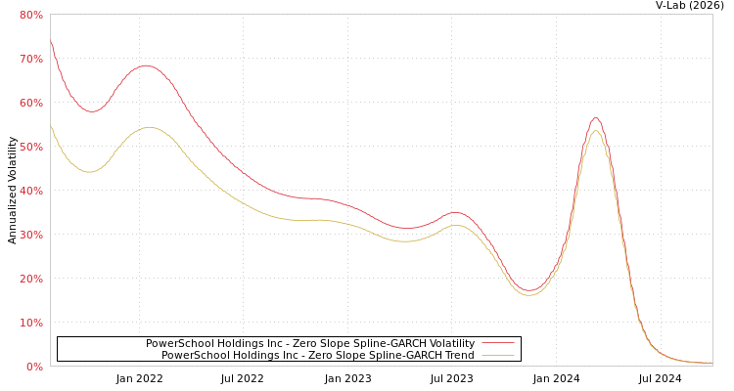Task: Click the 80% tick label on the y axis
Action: (x=31, y=15)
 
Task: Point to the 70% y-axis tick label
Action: (x=31, y=59)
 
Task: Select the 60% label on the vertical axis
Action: (x=31, y=103)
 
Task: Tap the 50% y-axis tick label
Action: (x=31, y=147)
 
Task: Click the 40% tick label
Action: (x=31, y=191)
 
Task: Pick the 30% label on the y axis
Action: (x=31, y=235)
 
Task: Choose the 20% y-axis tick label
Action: (x=31, y=279)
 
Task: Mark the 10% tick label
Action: (x=31, y=323)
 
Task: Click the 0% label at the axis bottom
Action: (x=34, y=367)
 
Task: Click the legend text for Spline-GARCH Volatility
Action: (x=310, y=343)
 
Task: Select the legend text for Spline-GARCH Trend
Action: (x=318, y=355)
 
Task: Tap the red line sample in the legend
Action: (x=498, y=343)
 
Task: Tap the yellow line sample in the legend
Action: (x=498, y=355)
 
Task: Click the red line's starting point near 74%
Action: (x=51, y=41)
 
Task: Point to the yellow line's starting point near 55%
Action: (x=51, y=125)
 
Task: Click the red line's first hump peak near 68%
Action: (x=146, y=65)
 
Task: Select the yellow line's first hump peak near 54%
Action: (x=149, y=127)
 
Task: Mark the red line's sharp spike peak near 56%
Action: (x=595, y=118)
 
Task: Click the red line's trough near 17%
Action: (x=529, y=290)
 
